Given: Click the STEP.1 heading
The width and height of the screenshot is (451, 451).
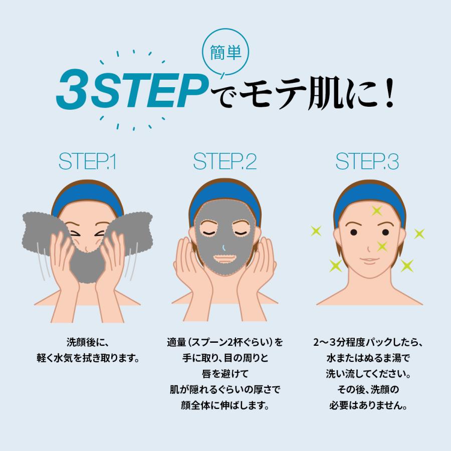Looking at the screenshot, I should [87, 162].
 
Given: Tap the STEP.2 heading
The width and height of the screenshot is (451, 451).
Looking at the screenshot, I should [225, 162].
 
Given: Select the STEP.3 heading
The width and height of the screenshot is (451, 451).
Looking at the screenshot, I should [367, 162].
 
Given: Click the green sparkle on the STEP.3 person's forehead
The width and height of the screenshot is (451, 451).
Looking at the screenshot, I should [376, 211].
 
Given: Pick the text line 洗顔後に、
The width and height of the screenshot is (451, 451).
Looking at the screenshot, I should [87, 344].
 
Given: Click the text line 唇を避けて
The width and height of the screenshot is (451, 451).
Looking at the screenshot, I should [225, 374].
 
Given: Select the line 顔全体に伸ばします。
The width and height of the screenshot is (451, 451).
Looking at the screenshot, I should [225, 404].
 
